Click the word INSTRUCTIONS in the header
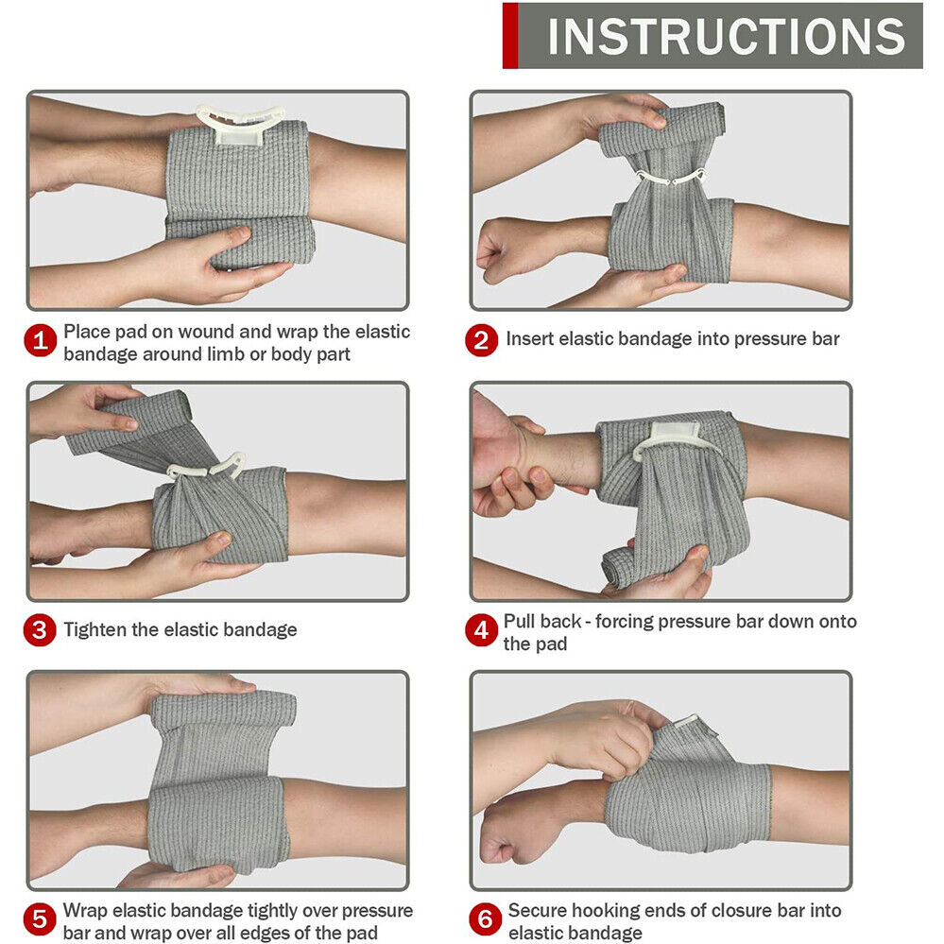(727, 36)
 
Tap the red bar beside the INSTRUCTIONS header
(510, 36)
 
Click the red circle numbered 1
(41, 341)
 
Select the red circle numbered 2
(482, 340)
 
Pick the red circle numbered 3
(40, 630)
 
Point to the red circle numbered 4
(482, 630)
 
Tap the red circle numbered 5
(40, 919)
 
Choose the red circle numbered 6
(486, 919)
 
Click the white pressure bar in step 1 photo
(241, 125)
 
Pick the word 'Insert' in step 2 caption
(530, 339)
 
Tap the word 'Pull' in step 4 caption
(521, 621)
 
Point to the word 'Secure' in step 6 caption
(538, 910)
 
